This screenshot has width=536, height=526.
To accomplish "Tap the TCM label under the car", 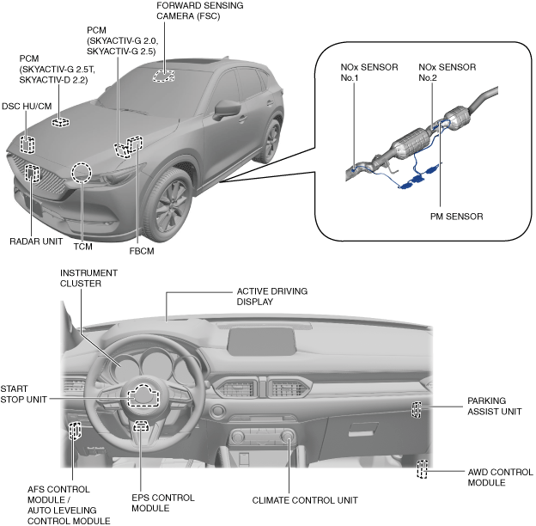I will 83,247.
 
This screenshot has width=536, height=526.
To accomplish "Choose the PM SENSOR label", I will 456,216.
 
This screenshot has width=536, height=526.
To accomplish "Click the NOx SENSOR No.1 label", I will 357,71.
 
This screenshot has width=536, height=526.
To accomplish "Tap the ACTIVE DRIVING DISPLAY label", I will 271,297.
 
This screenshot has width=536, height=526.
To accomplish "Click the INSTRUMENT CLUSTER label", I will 88,278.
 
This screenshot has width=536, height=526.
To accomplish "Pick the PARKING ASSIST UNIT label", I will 494,406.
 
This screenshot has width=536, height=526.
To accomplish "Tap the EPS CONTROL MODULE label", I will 163,503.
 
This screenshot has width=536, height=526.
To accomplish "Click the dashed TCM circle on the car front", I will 82,173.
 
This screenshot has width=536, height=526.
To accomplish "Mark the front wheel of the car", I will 168,201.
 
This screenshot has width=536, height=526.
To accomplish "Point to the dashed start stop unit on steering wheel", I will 143,394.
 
